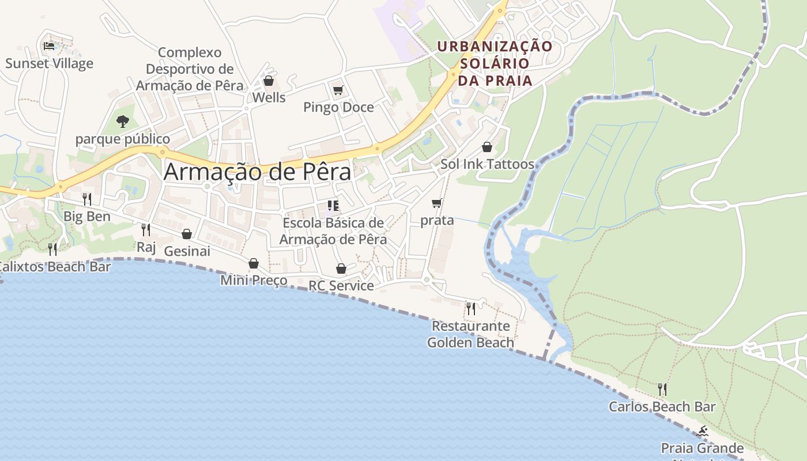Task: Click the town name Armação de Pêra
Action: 257,172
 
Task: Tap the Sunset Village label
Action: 49,63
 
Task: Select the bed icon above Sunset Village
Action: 49,46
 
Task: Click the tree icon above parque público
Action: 122,121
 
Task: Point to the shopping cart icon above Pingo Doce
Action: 338,90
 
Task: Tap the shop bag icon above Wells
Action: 268,81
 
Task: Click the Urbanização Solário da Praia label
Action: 495,63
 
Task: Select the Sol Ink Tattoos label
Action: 487,164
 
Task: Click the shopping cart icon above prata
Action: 437,203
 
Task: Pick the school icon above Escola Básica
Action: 333,205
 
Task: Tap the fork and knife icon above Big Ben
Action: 87,199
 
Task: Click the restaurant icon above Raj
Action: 146,229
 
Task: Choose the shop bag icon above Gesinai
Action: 187,234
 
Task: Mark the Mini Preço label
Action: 254,281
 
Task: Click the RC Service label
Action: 341,286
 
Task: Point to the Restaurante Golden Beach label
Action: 470,334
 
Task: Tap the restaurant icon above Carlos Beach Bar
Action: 662,390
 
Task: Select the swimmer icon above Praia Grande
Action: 703,431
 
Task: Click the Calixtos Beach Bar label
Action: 55,267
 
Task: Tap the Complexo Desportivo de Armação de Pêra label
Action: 190,69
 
